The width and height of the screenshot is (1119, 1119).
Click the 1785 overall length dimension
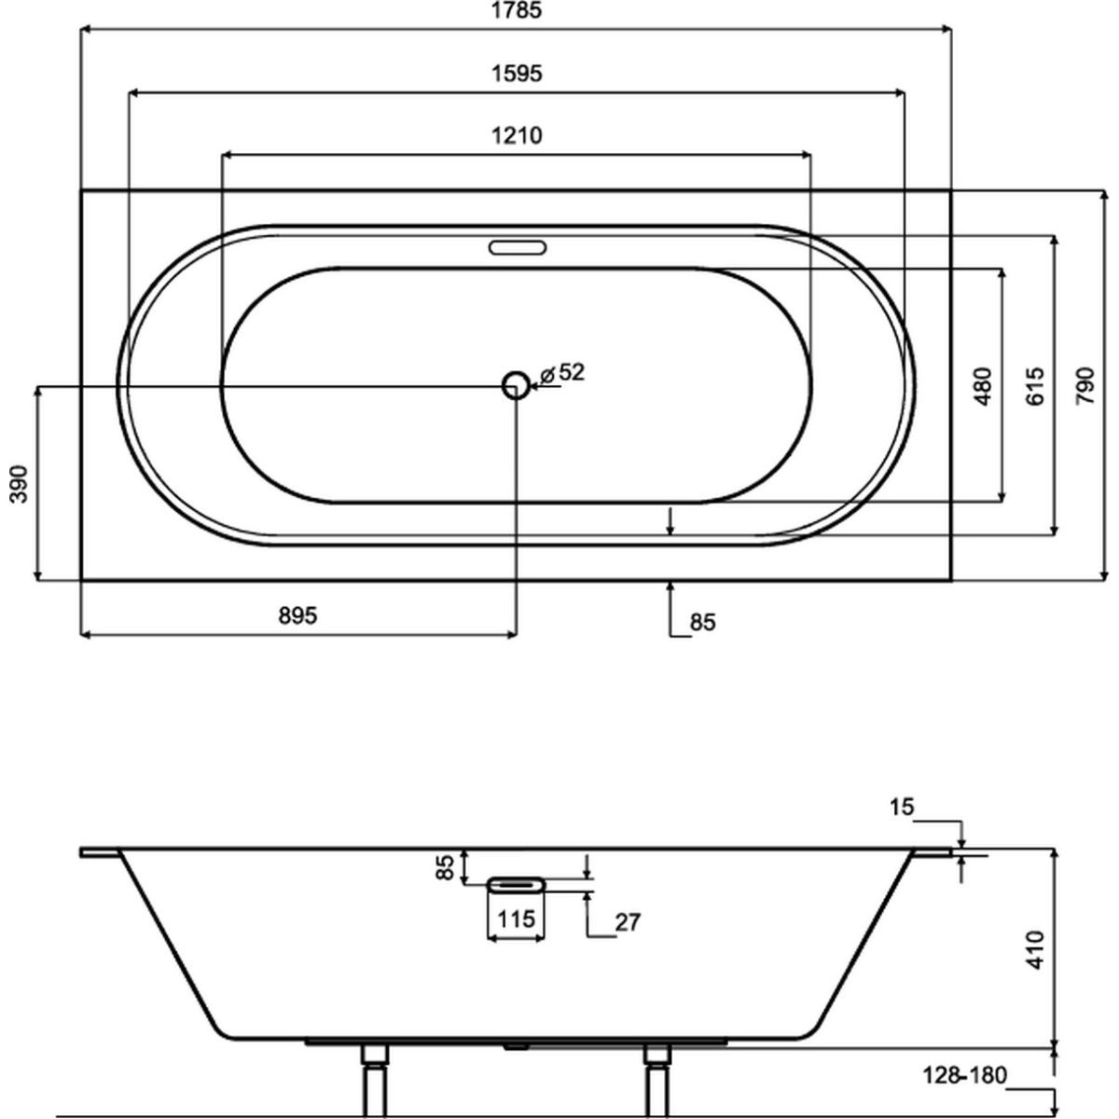[x=517, y=10]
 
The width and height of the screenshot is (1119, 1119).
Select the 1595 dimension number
[x=517, y=74]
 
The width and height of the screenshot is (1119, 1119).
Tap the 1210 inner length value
[x=517, y=136]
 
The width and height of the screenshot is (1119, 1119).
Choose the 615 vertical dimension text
[x=1035, y=386]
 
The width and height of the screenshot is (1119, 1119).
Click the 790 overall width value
[x=1085, y=386]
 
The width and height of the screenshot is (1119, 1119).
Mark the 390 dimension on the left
[x=20, y=484]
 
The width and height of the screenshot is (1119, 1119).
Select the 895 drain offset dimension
[x=297, y=615]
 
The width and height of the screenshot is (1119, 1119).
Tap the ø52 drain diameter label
[x=562, y=372]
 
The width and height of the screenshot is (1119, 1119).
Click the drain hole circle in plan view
[x=516, y=385]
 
